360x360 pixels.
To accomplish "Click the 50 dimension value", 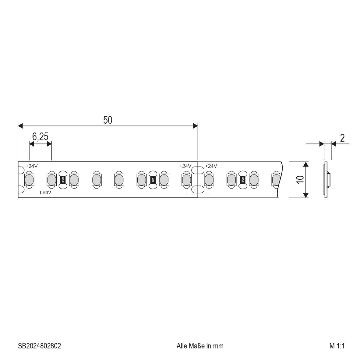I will coord(108,120).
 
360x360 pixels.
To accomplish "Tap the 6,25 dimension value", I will coord(40,137).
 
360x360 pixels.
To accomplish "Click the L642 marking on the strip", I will coord(45,193).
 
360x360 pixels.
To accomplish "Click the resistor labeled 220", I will coord(153,180).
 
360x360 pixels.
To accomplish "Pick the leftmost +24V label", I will coord(31,166).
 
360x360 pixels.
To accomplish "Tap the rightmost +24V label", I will coord(211,166).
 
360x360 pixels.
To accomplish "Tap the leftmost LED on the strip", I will coord(29,180).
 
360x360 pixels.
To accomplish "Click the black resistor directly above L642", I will coord(62,180).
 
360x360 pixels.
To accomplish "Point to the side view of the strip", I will coord(326,180).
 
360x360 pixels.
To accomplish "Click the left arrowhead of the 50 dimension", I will coord(20,126).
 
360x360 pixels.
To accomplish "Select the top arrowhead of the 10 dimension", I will coord(306,164).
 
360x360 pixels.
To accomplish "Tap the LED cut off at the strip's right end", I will coord(276,180).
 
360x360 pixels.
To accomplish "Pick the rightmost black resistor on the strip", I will coord(242,180).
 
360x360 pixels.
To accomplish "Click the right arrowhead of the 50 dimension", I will coord(196,126).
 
